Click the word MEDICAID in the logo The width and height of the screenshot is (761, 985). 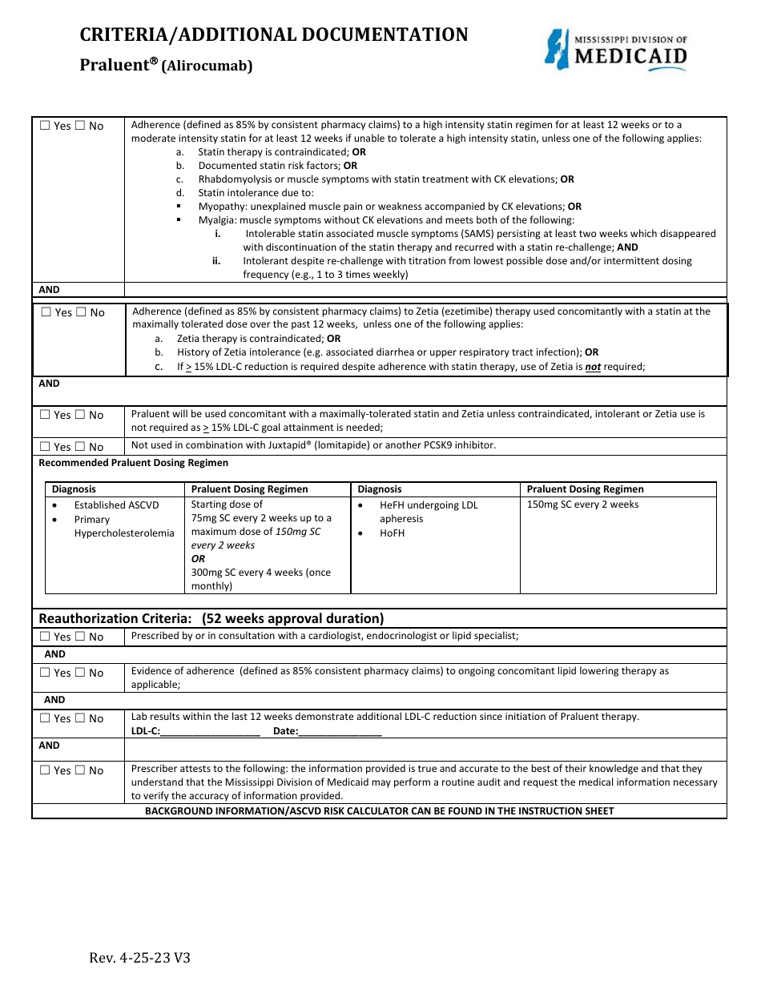tap(632, 56)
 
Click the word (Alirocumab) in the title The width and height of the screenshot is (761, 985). tap(207, 67)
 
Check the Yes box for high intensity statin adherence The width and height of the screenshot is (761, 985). tap(45, 126)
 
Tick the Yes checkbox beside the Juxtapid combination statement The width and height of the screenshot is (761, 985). tap(45, 447)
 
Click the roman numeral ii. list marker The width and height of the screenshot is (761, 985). tap(216, 260)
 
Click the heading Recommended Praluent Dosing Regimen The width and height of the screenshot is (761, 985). tap(134, 463)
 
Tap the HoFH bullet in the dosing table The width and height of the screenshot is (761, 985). tap(392, 533)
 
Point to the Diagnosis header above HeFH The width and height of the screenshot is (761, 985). tap(380, 489)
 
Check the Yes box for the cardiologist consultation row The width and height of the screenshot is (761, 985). tap(45, 637)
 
